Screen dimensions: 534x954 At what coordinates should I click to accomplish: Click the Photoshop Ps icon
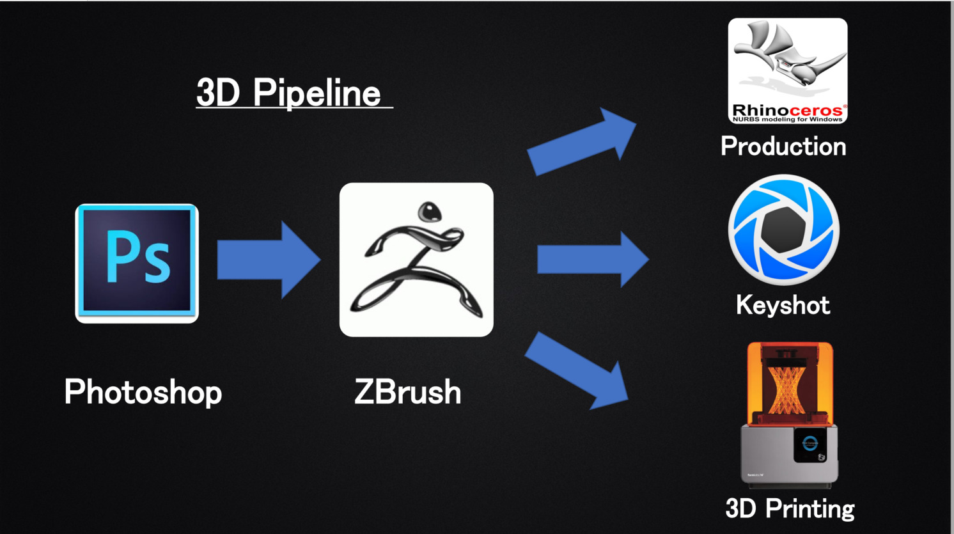137,263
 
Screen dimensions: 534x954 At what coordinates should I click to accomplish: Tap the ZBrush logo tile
416,260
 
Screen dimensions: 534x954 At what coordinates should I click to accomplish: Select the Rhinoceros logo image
788,70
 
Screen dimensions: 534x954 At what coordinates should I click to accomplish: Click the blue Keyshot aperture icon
784,230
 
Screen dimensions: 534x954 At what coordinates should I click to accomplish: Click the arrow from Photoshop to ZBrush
268,260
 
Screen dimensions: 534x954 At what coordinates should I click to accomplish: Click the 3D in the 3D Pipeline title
217,93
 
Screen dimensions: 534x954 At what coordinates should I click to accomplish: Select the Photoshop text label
143,391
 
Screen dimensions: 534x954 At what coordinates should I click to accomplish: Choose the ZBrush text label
408,391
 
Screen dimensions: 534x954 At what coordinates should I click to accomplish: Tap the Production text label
783,146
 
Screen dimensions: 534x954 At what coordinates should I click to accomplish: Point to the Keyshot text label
783,305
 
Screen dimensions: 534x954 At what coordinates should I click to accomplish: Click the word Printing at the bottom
810,509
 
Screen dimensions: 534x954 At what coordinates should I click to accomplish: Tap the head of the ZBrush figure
428,211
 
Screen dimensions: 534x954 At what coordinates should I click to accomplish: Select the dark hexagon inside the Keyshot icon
784,230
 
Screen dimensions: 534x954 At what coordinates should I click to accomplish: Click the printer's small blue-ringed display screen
810,443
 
